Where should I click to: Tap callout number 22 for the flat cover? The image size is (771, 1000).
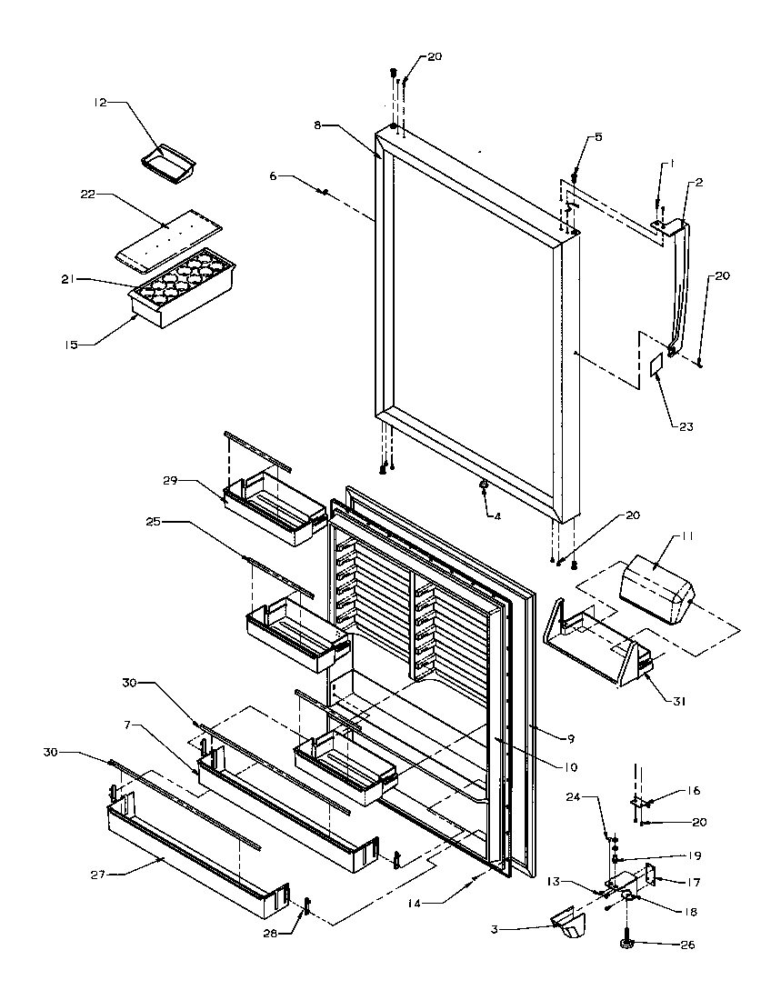pyautogui.click(x=88, y=194)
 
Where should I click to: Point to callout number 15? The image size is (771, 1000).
pyautogui.click(x=71, y=344)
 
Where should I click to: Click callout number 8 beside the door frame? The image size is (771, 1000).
pyautogui.click(x=318, y=125)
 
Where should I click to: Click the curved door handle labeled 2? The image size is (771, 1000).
pyautogui.click(x=678, y=282)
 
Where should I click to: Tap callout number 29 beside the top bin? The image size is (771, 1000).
pyautogui.click(x=170, y=479)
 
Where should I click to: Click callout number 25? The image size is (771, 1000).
pyautogui.click(x=153, y=522)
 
